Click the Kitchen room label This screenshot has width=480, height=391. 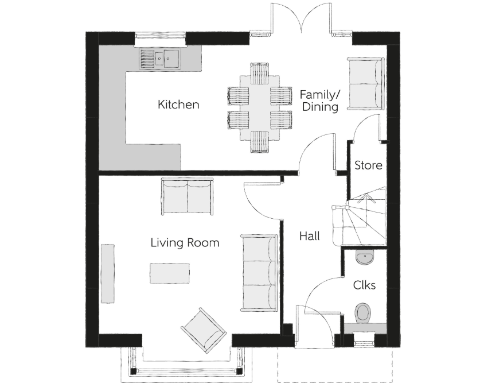pos(178,104)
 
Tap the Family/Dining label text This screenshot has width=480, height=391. pos(320,101)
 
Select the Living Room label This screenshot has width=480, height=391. pos(185,243)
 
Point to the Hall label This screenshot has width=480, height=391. pos(310,236)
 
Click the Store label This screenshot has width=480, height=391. pos(368,165)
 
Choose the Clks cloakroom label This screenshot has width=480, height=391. pos(364,285)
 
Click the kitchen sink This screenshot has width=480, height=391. pos(159,58)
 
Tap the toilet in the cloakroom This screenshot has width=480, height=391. pos(363,313)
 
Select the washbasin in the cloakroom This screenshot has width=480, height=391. pos(365,257)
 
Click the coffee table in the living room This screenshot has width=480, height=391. pos(170,273)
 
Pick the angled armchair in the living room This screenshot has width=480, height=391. pos(204,330)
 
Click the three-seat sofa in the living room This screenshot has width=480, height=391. pos(260,273)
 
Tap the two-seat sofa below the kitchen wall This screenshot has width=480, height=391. pos(187,196)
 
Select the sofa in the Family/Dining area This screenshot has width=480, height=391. pos(365,84)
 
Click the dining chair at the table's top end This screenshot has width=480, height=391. pos(260,73)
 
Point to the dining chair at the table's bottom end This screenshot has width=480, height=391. pos(260,142)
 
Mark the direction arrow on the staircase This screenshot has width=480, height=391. pos(367,199)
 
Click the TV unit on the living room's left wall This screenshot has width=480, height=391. pos(108,274)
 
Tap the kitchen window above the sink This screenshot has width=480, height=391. pos(160,36)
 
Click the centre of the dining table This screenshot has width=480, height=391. pos(260,107)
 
